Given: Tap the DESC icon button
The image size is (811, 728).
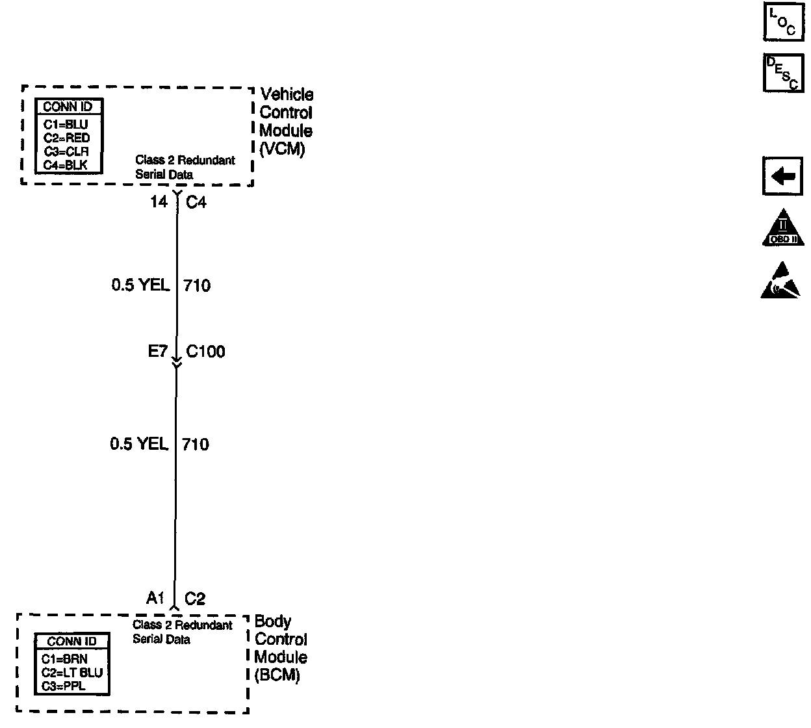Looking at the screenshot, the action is [782, 72].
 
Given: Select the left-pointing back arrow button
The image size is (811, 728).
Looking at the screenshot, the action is [782, 176].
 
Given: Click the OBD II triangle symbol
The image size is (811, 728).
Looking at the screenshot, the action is [782, 228].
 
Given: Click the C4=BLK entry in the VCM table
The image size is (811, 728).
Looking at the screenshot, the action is [66, 165].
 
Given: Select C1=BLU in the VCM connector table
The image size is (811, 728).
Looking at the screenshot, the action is [66, 124].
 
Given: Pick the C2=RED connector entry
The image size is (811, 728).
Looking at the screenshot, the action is [67, 138].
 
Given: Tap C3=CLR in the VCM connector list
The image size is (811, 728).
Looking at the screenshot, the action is [66, 151].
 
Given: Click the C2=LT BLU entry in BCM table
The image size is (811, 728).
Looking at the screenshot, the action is [72, 673].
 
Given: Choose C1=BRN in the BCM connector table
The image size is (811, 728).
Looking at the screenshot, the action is [64, 659].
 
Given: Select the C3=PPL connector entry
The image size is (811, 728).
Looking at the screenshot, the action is [64, 686].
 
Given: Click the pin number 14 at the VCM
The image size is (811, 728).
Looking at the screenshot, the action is [159, 202].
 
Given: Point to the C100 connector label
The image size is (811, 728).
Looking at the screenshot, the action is [205, 352].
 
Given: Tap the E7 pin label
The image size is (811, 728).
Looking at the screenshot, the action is [158, 352].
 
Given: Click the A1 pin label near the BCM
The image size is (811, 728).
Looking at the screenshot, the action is [155, 598].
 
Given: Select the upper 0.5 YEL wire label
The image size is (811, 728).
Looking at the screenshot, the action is [140, 285].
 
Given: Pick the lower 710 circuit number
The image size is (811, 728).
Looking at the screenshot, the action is [195, 445].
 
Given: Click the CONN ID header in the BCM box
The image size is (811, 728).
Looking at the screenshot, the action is [71, 642].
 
